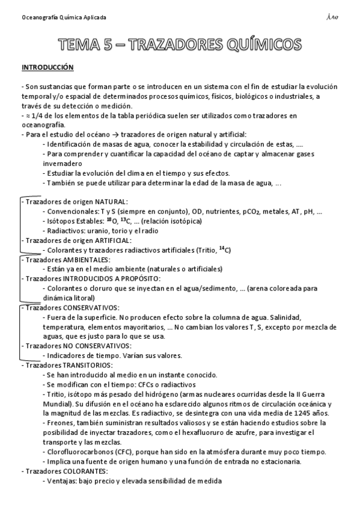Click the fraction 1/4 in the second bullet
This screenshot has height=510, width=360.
[34, 114]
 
